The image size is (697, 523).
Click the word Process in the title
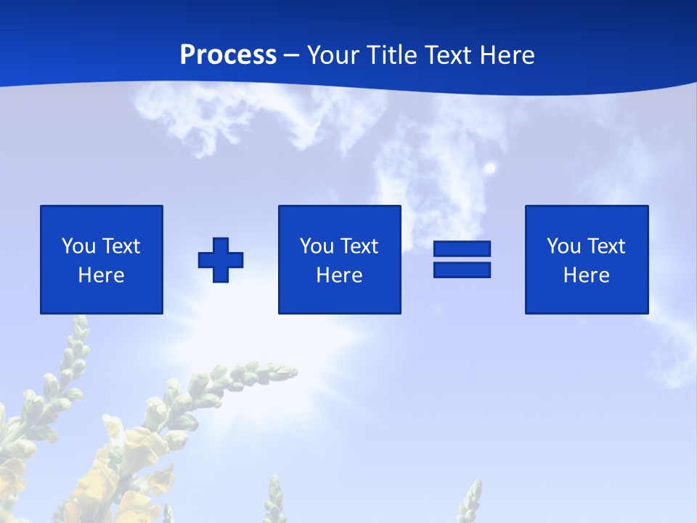[x=228, y=55]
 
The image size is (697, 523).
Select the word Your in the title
[x=334, y=55]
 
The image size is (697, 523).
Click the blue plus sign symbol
[x=221, y=260]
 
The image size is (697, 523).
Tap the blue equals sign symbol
[x=462, y=259]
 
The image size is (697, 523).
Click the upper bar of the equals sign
[x=462, y=248]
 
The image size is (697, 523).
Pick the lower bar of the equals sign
[x=462, y=270]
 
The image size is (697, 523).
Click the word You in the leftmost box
[x=78, y=246]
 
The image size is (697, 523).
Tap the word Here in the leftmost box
[x=101, y=275]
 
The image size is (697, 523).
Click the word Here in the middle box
[x=339, y=275]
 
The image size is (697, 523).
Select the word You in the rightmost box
[x=563, y=246]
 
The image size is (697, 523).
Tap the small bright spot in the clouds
[x=490, y=169]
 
